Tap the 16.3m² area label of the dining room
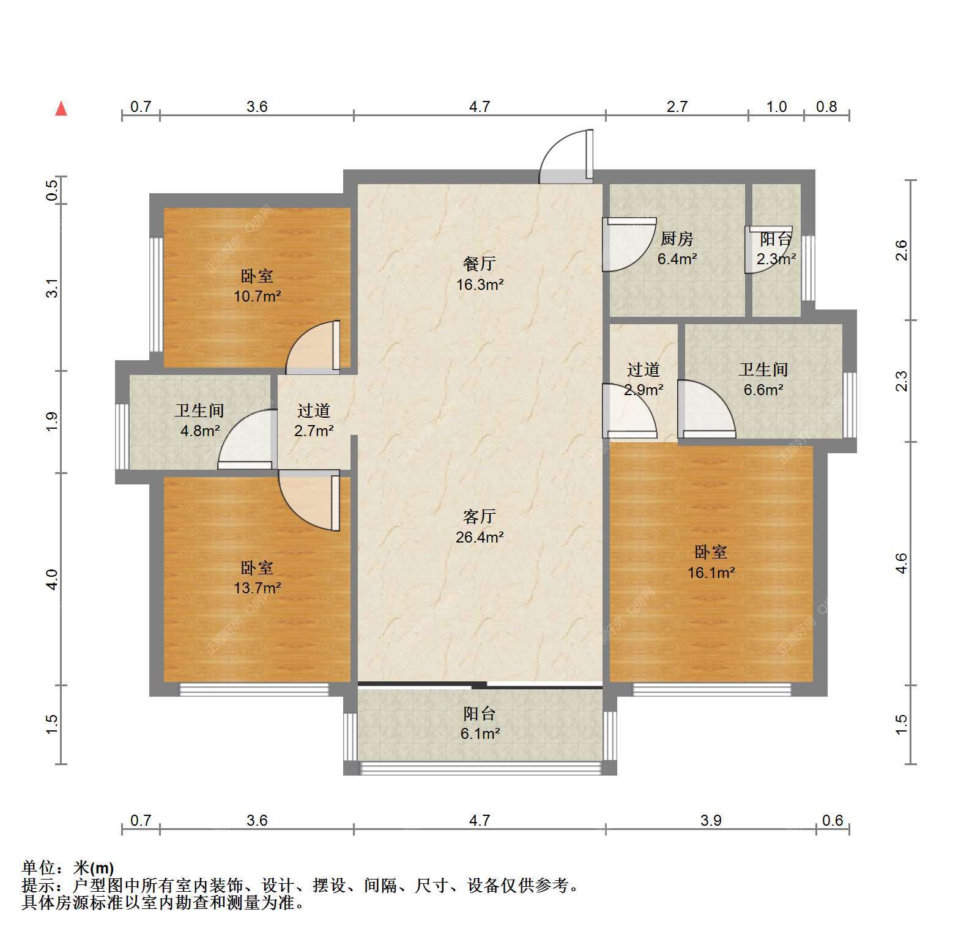(x=480, y=284)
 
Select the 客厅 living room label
(x=480, y=517)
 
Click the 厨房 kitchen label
(x=677, y=239)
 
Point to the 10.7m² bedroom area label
(x=257, y=297)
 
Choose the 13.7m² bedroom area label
(x=257, y=588)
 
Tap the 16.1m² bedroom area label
(x=711, y=573)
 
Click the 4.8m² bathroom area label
(x=200, y=431)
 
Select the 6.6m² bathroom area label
(x=764, y=390)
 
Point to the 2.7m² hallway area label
(x=314, y=431)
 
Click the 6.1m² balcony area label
(x=480, y=733)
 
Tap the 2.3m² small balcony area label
(x=776, y=259)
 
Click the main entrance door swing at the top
(x=566, y=157)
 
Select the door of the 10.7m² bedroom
(x=313, y=347)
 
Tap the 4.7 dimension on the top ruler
(x=480, y=107)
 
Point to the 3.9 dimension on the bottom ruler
(x=711, y=820)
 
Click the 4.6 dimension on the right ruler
(x=901, y=563)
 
